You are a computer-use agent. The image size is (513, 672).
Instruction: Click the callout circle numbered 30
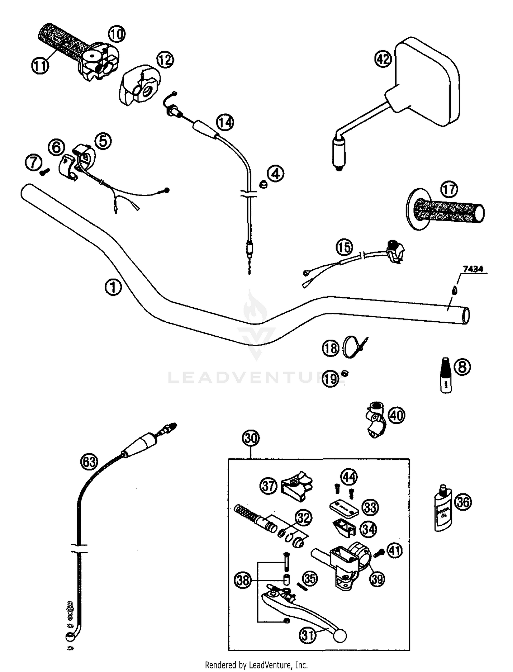tap(251, 438)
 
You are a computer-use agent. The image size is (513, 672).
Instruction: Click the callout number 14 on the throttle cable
tap(225, 122)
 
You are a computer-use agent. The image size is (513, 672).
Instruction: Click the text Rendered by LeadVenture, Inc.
tap(256, 665)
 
